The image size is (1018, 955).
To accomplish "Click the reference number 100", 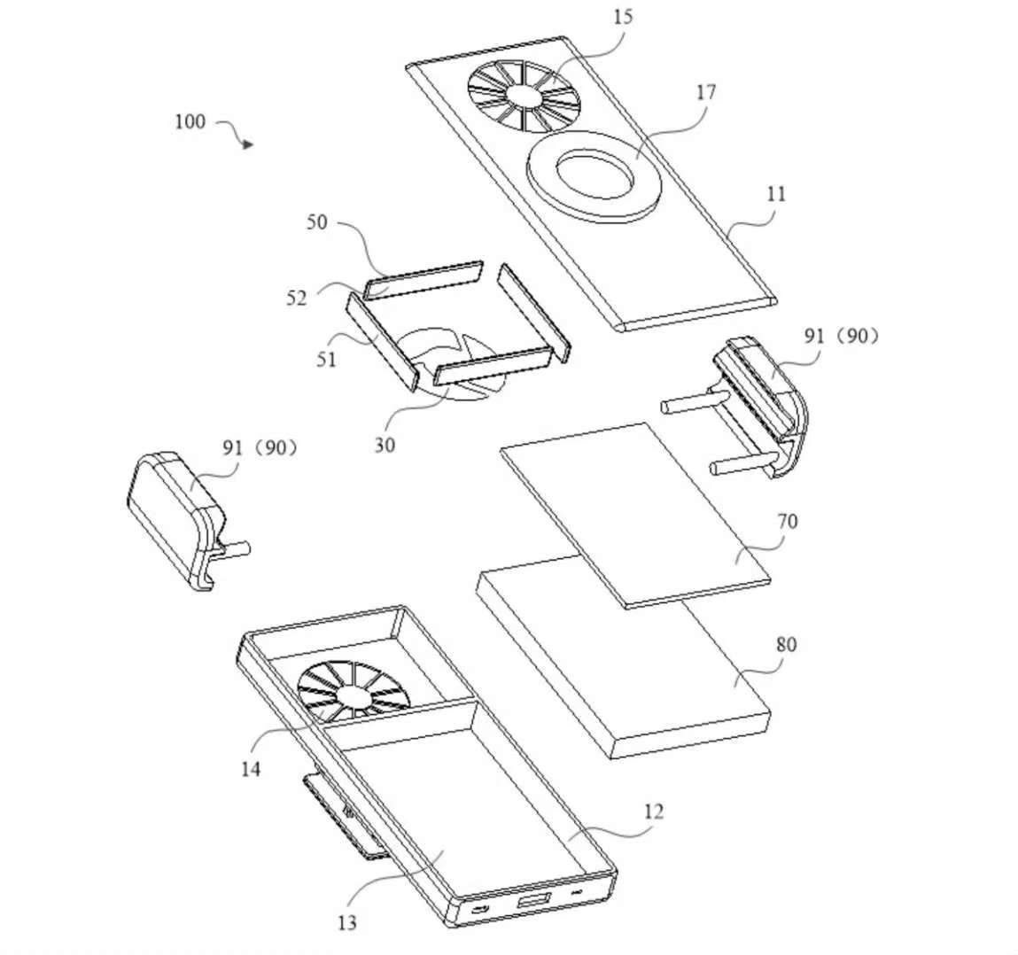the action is [190, 121].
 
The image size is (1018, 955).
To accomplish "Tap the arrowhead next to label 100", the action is [246, 144].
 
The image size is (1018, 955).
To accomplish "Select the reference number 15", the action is [622, 17].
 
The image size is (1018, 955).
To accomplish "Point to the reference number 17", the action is [706, 92].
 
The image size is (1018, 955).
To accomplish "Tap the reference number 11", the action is [775, 194].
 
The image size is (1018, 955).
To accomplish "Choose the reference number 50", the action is [317, 222].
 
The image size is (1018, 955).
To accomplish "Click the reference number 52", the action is [296, 298].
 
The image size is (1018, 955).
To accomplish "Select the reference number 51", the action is [326, 359].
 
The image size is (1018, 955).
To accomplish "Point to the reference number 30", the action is [385, 445].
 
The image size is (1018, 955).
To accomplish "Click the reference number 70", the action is [786, 521].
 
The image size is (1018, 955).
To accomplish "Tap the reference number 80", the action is [786, 644].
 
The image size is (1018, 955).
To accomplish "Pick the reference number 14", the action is [251, 769].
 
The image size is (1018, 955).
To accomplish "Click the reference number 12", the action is [654, 811].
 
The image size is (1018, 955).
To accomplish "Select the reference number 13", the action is [347, 922].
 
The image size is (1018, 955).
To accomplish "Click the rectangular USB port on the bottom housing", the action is [533, 900].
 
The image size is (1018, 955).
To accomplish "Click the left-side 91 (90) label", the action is [260, 447].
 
